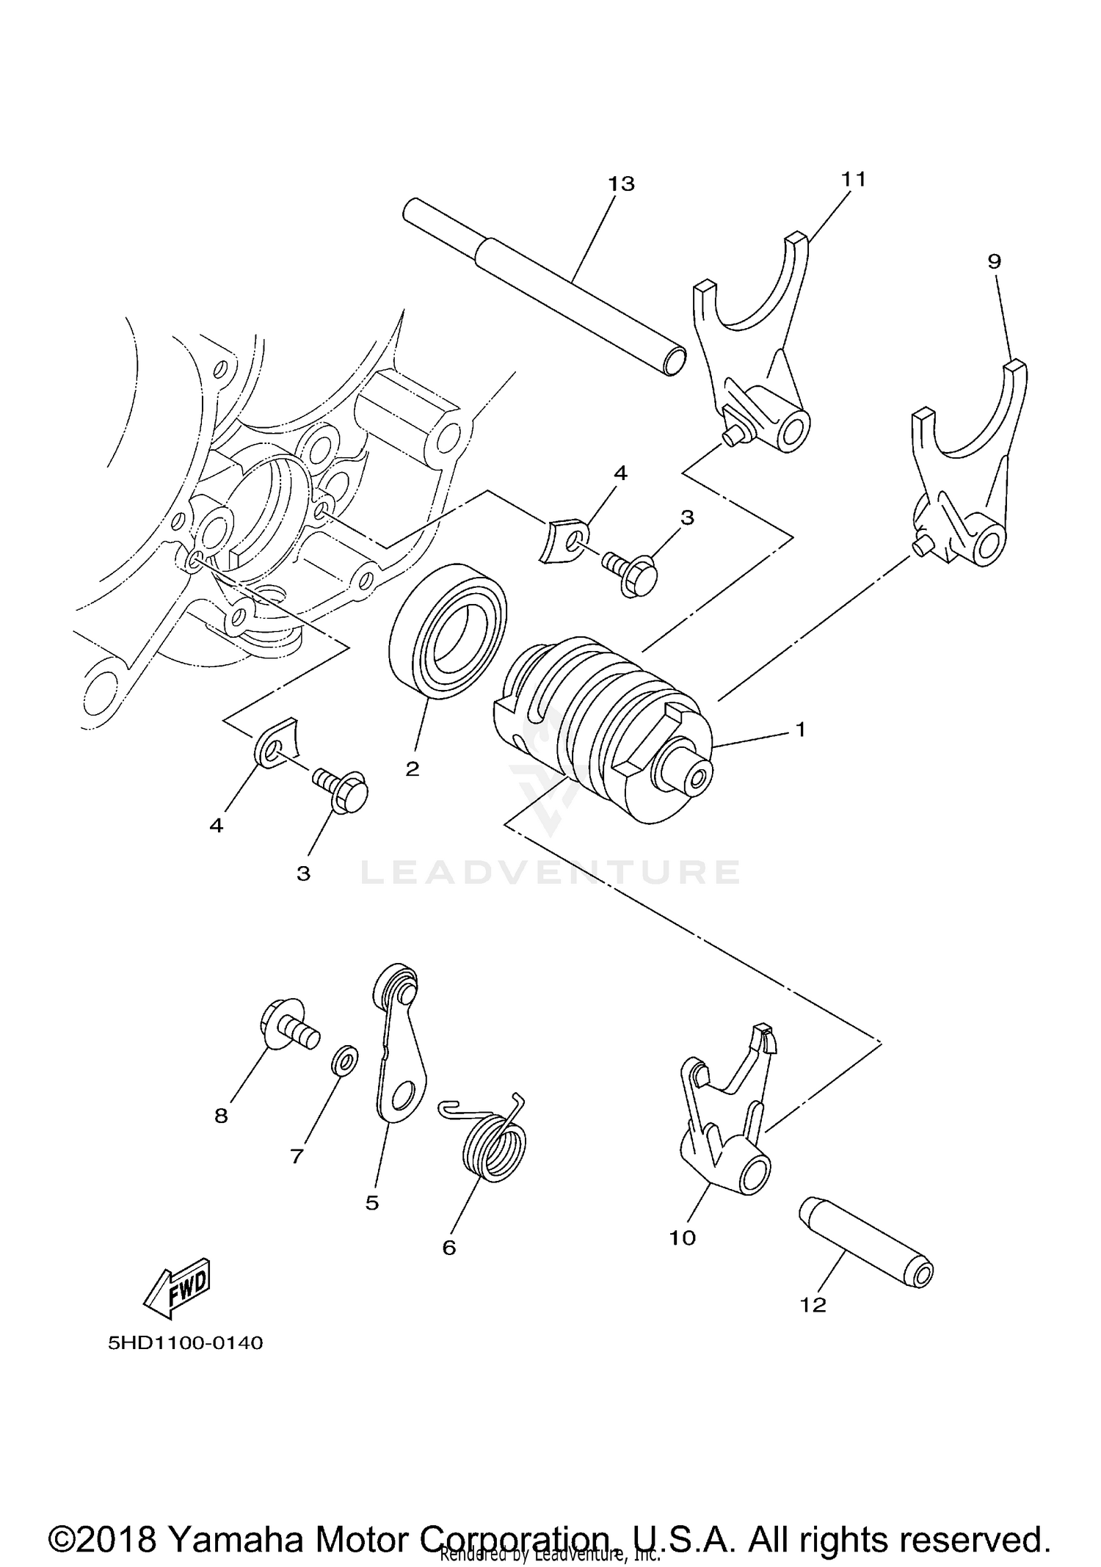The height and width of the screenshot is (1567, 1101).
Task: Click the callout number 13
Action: tap(621, 183)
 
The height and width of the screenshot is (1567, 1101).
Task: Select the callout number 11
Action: tap(854, 179)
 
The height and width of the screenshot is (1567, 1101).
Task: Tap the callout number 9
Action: tap(994, 261)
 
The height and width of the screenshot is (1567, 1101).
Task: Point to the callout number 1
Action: tap(801, 730)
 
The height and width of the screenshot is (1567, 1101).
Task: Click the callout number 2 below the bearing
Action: tap(413, 769)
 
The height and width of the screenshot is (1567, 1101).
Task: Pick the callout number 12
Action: tap(814, 1305)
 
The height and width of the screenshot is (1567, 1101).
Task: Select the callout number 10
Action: tap(682, 1238)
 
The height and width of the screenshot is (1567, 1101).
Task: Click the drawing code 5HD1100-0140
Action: tap(185, 1344)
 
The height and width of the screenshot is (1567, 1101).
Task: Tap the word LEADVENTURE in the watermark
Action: tap(550, 872)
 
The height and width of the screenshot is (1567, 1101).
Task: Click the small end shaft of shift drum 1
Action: tap(687, 776)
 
